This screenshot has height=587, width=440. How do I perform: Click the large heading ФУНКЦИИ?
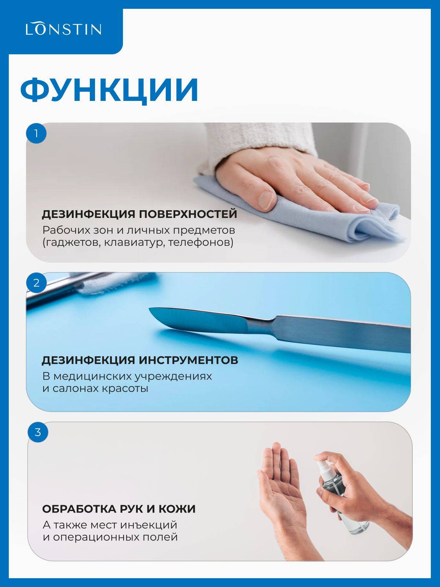[109, 90]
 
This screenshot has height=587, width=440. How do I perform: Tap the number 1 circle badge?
[36, 133]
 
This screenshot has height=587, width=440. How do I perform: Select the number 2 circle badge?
[36, 282]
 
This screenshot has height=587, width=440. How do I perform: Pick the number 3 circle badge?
[38, 432]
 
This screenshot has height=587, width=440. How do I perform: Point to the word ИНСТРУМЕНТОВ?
[188, 360]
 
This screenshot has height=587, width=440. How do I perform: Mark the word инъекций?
[148, 525]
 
